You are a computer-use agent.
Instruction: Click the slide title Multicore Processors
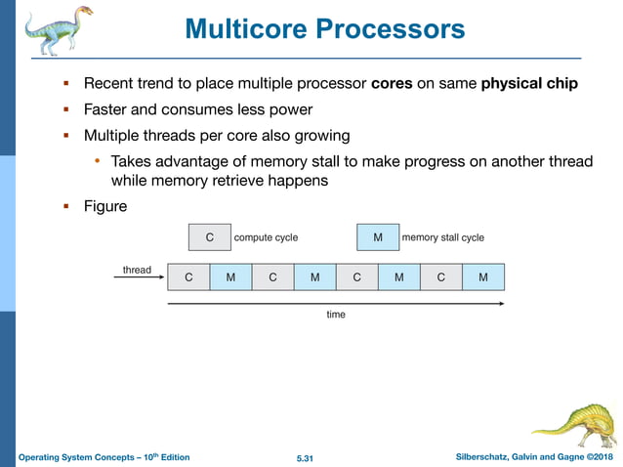pos(324,29)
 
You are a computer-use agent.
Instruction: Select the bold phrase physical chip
pos(529,83)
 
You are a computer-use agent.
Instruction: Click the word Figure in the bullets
pos(105,207)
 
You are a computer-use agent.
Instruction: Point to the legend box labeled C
pos(209,237)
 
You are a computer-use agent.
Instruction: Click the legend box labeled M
pos(378,237)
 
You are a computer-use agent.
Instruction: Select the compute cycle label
pos(266,237)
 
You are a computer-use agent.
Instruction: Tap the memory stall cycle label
pos(443,237)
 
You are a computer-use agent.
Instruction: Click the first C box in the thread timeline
pos(188,277)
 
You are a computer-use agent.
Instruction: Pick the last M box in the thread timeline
pos(483,277)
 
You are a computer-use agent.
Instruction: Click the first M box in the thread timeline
pos(230,277)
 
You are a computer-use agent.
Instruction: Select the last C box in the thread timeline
pos(441,277)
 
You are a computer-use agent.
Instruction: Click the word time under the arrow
pos(336,315)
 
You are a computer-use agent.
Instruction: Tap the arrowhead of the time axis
pos(501,304)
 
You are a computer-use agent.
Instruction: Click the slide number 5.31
pos(309,457)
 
